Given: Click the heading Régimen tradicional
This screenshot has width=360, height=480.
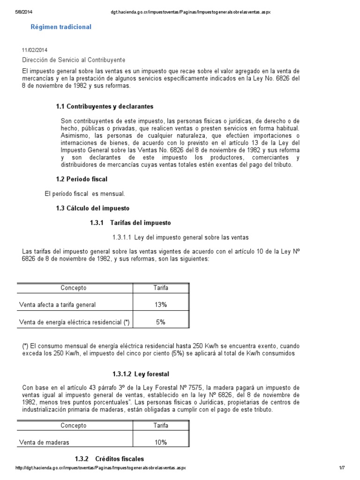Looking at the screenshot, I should tap(61, 27).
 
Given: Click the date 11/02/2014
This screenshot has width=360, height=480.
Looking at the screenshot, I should tap(35, 50).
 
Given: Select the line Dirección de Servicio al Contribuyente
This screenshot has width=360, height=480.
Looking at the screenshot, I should tap(74, 60).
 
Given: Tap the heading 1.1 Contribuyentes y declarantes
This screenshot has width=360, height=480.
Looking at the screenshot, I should tap(105, 107).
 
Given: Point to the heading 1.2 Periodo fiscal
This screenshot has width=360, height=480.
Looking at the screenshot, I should tap(82, 179).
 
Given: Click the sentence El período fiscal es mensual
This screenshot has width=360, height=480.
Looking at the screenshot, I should tap(78, 194).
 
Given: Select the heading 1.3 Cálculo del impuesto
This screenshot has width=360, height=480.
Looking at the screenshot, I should tap(92, 208).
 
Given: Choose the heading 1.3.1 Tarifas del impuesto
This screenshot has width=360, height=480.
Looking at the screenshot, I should tap(130, 222).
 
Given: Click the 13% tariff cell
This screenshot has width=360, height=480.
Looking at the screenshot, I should tap(161, 305).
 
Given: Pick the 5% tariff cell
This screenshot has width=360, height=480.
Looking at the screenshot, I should tap(161, 322).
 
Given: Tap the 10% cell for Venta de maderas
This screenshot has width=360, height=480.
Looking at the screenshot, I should tap(161, 442).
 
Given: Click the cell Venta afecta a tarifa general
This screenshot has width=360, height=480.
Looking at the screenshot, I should tap(57, 305).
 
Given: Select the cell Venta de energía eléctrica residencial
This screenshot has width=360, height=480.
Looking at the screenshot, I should tap(74, 322).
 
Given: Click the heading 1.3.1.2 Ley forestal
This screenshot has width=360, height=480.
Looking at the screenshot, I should tap(141, 374).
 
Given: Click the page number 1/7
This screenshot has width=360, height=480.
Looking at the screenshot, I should tap(342, 468).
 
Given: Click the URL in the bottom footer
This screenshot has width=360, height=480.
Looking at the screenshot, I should tap(101, 468).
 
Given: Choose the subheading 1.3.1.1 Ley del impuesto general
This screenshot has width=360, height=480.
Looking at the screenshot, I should tap(180, 237).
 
